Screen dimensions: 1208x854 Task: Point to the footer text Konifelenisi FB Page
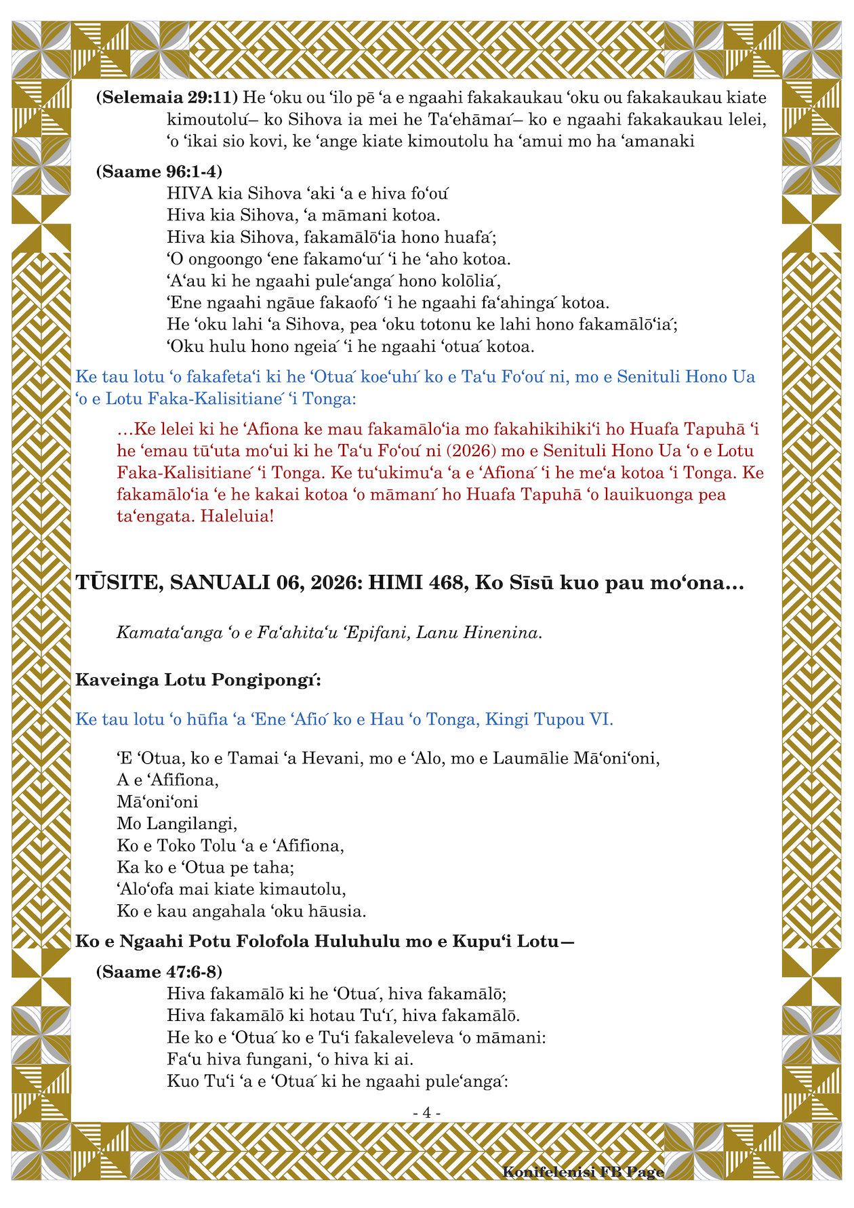(x=583, y=1172)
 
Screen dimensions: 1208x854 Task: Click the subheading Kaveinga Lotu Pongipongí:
(x=199, y=679)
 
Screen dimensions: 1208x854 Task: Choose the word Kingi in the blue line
(x=508, y=719)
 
